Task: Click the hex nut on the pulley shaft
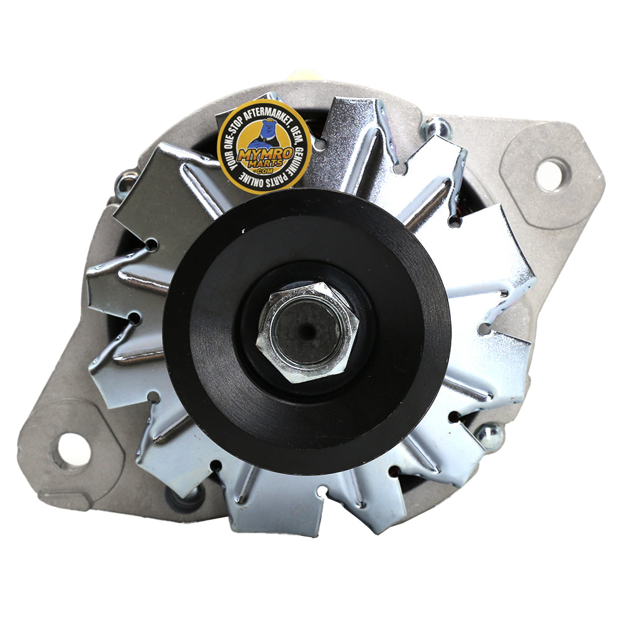pos(307,332)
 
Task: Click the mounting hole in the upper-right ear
pos(550,175)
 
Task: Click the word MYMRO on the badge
pos(265,153)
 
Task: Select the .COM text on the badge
pos(265,171)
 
